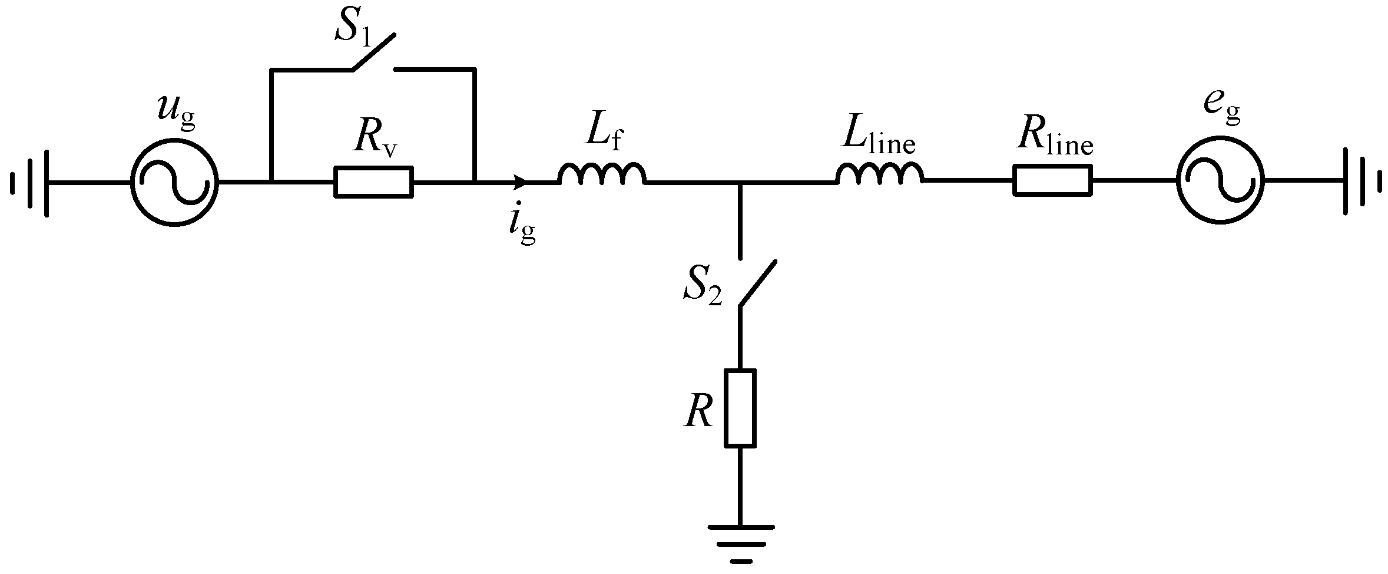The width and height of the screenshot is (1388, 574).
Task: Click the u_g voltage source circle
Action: click(174, 182)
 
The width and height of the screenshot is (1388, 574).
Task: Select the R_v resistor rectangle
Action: click(373, 182)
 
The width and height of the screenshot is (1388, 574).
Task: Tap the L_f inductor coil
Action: click(602, 174)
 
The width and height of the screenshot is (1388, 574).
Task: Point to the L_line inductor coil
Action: click(879, 173)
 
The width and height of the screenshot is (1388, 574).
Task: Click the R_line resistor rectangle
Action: click(1052, 180)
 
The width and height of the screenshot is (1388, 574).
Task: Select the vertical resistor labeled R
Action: click(740, 408)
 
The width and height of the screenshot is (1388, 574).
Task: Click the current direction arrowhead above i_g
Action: click(520, 182)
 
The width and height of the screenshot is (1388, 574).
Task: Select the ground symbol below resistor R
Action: click(740, 542)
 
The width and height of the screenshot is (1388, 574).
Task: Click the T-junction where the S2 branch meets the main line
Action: click(740, 183)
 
